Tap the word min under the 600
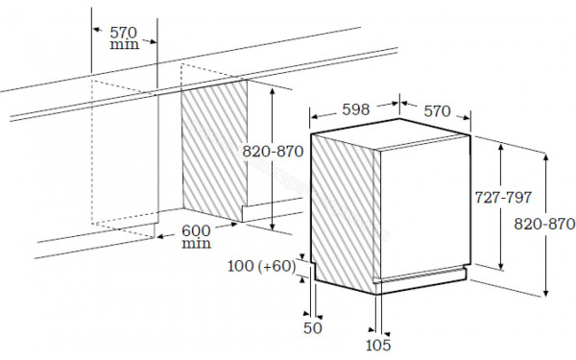[196, 244]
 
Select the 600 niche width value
[196, 230]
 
